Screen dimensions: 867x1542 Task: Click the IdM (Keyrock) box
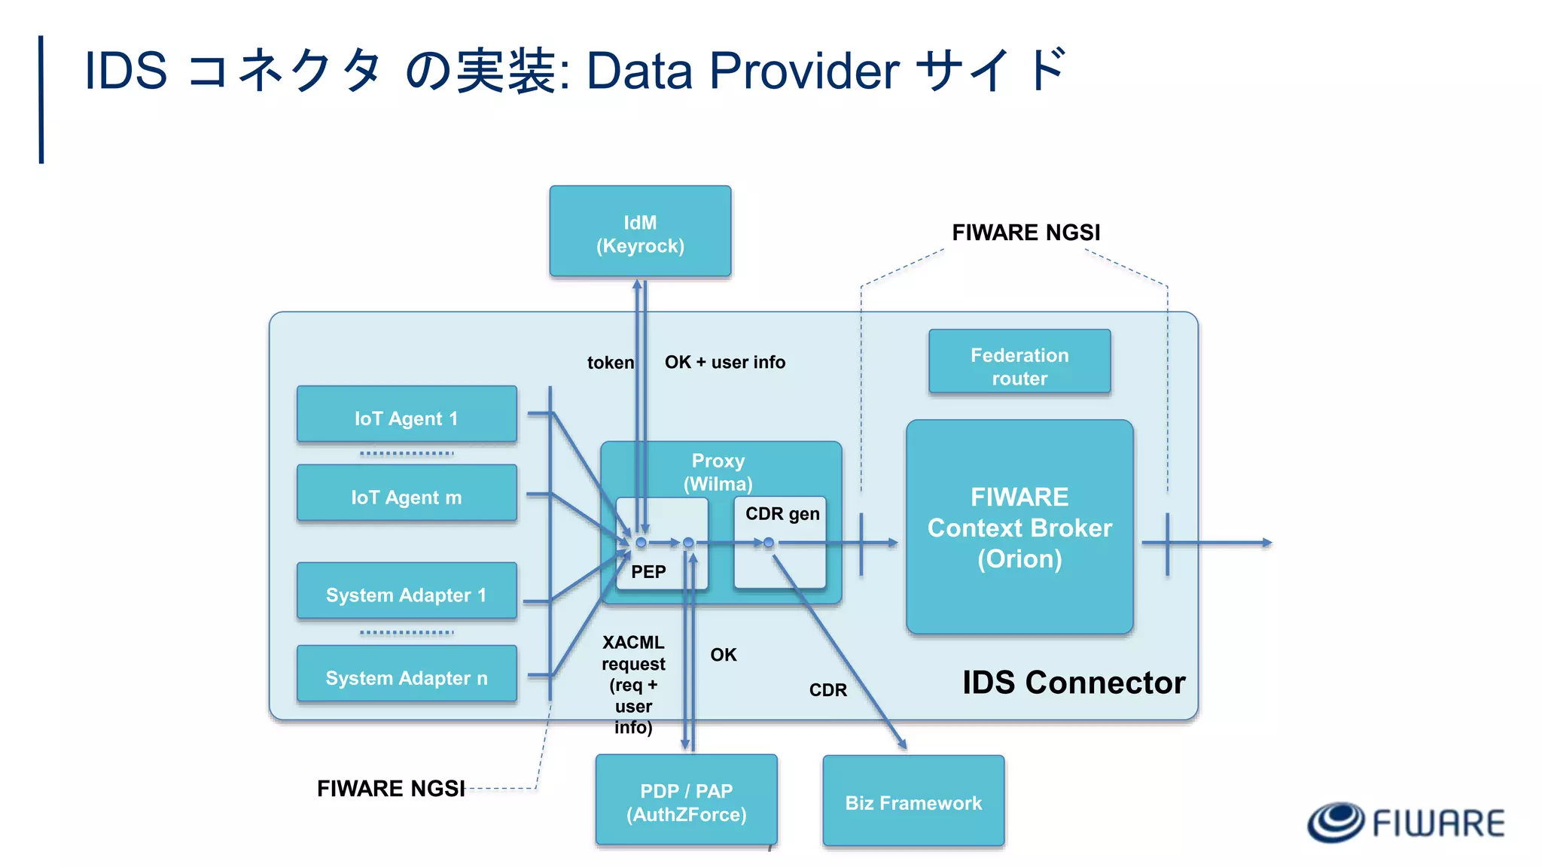tap(640, 232)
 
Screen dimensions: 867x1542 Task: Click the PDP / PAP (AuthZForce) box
tap(686, 801)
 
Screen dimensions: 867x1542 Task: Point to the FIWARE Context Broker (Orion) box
tap(1019, 528)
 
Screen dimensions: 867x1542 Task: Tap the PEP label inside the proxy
tap(648, 572)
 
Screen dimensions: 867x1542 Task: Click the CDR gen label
tap(782, 514)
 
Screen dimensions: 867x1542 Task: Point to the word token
tap(610, 363)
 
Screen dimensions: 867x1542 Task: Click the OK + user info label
tap(724, 362)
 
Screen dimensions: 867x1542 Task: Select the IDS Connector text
tap(1074, 683)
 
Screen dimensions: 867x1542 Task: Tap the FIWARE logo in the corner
tap(1405, 822)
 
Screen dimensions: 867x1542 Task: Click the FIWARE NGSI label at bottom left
tap(391, 788)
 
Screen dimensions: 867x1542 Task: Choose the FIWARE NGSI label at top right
tap(1025, 233)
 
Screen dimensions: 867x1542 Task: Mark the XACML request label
tap(633, 653)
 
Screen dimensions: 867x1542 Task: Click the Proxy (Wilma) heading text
tap(718, 472)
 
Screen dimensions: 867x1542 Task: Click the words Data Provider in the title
tap(742, 71)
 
